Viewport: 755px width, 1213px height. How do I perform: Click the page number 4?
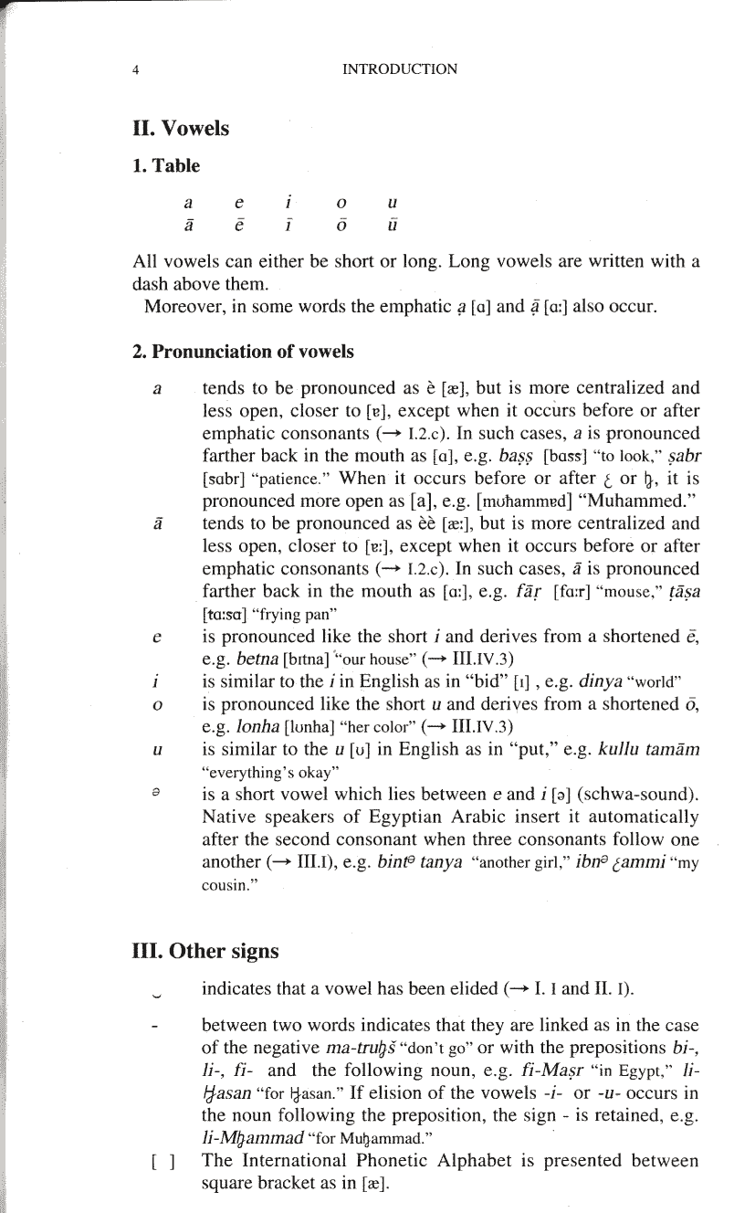coord(134,69)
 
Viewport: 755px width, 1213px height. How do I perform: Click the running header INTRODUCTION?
coord(399,69)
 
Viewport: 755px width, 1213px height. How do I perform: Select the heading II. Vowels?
coord(181,128)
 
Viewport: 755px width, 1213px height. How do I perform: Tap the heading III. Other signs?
coord(205,950)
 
